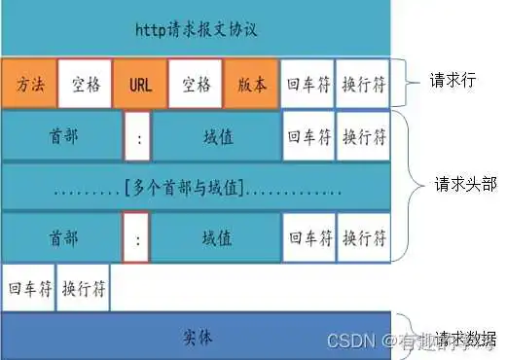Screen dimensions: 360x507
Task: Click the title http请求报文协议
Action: pos(196,27)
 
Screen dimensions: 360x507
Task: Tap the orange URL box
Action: pos(140,84)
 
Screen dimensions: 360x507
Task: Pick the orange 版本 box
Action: pos(251,84)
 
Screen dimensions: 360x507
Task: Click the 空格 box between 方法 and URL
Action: pos(85,84)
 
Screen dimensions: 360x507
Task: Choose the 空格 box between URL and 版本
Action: pos(196,84)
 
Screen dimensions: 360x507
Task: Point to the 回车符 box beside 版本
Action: pos(308,84)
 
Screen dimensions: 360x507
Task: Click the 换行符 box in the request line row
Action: pos(364,84)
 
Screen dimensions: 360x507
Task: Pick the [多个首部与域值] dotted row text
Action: pos(196,185)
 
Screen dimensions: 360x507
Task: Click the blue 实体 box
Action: pos(196,337)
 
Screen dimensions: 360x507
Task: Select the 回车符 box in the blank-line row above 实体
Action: pos(27,288)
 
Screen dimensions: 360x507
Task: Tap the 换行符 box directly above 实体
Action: pos(84,288)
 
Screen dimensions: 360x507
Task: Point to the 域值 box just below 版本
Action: pos(216,137)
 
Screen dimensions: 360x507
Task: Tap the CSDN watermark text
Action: pos(350,341)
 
